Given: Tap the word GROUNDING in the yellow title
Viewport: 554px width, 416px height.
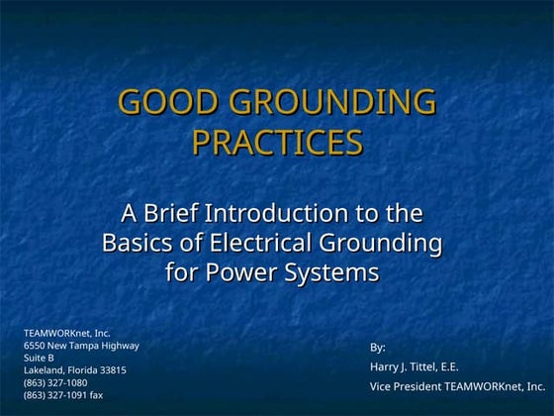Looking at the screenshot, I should pos(331,102).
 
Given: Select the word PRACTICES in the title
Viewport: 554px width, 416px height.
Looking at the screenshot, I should pos(277,144).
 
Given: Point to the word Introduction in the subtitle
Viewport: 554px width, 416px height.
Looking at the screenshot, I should pos(287,213).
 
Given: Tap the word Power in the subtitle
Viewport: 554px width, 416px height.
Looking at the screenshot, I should pos(238,272).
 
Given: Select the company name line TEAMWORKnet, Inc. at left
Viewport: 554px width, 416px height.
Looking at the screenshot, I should pos(67,334).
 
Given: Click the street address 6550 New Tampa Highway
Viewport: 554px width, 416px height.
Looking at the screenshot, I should pos(81,346).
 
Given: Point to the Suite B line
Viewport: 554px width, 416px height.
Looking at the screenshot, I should pos(39,358).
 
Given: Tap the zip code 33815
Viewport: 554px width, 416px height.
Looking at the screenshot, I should pos(109,370).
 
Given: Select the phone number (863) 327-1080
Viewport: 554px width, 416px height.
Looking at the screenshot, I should pos(55,382).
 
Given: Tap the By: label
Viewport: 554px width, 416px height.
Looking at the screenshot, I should pos(378,348).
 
